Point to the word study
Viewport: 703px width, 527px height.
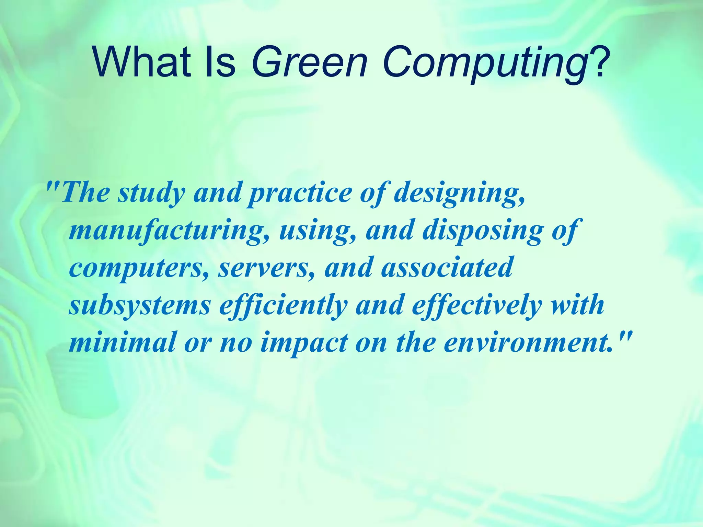coord(151,194)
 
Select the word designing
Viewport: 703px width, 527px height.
coord(459,194)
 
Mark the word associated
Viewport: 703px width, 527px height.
coord(446,268)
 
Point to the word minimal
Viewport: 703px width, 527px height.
coord(122,343)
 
